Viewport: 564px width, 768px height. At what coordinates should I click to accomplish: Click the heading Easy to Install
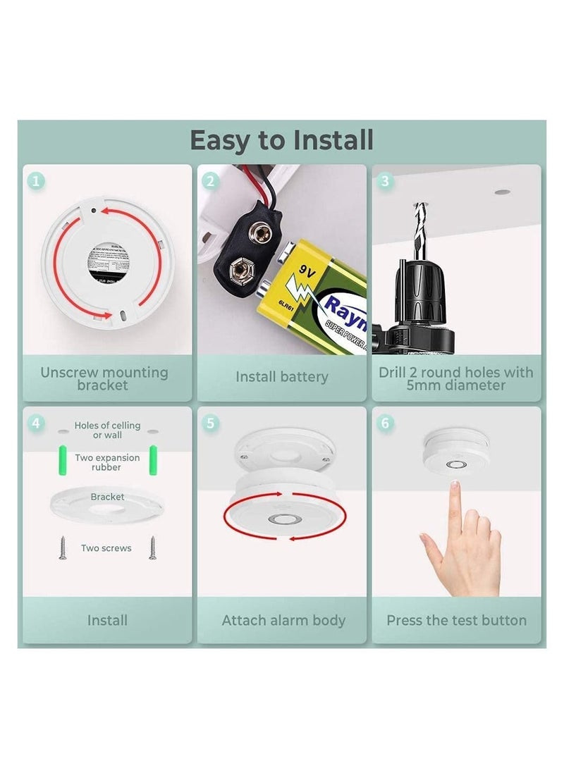[281, 140]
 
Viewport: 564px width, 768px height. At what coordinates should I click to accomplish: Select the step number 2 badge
[210, 181]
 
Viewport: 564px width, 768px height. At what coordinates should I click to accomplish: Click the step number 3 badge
[385, 181]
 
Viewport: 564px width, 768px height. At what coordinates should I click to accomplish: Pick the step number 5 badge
[210, 423]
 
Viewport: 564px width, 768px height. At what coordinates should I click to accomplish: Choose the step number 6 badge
[385, 423]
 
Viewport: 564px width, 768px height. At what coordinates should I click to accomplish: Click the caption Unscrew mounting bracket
[104, 378]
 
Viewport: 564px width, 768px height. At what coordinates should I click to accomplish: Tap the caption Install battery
[281, 377]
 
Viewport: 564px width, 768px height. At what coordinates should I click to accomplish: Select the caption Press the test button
[456, 621]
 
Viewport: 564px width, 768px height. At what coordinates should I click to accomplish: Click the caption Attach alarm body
[283, 621]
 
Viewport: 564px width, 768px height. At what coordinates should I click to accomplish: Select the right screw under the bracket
[152, 547]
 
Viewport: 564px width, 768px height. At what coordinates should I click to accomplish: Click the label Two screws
[106, 548]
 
